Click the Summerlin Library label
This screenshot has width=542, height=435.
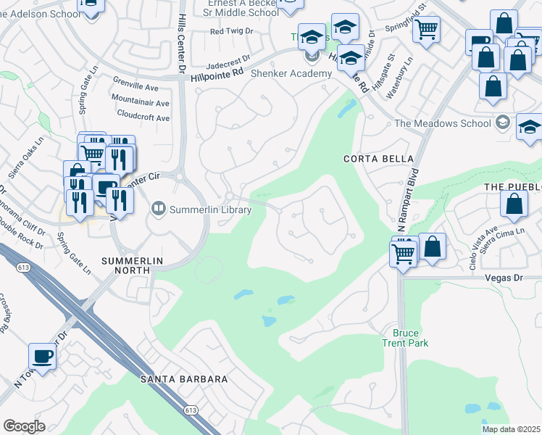tap(210, 210)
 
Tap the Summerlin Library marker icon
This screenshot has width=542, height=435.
tap(158, 210)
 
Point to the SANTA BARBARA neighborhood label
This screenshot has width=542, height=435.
tap(184, 379)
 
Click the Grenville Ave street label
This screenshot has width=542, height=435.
tap(135, 86)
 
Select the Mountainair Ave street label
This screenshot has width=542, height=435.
tap(141, 102)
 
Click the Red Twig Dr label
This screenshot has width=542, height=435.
tap(231, 31)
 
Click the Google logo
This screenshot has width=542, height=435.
tap(24, 426)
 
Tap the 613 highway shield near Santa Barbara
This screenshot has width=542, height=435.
tap(191, 410)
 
